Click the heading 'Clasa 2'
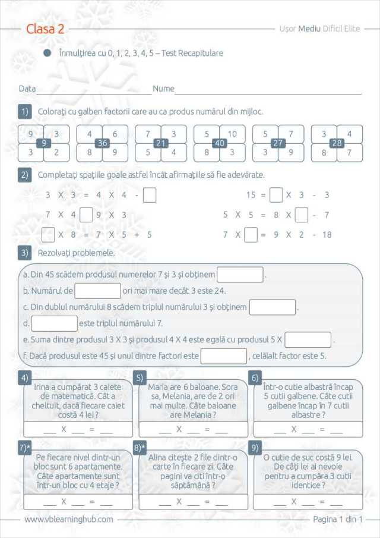pyautogui.click(x=46, y=29)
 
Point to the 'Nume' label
pyautogui.click(x=163, y=89)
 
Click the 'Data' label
pyautogui.click(x=27, y=89)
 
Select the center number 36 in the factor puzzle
pyautogui.click(x=102, y=143)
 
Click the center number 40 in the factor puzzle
pyautogui.click(x=219, y=143)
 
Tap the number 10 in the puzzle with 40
pyautogui.click(x=232, y=134)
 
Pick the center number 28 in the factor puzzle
pyautogui.click(x=337, y=143)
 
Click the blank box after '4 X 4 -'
pyautogui.click(x=150, y=195)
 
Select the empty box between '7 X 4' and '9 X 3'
pyautogui.click(x=86, y=215)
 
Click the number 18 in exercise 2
pyautogui.click(x=327, y=235)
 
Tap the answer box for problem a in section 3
pyautogui.click(x=240, y=275)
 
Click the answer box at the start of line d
pyautogui.click(x=54, y=323)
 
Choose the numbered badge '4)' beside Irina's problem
pyautogui.click(x=24, y=378)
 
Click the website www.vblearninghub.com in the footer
pyautogui.click(x=69, y=519)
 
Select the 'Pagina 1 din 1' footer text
pyautogui.click(x=337, y=519)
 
